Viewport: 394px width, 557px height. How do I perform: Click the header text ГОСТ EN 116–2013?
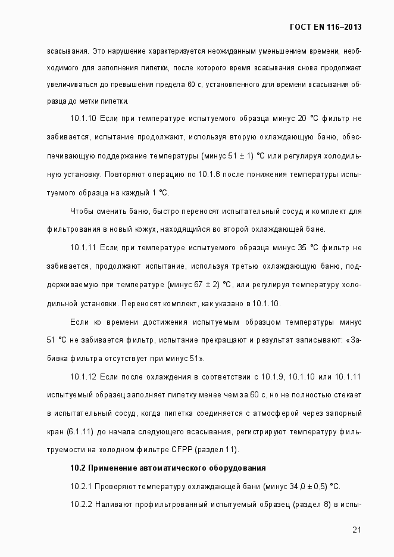[325, 27]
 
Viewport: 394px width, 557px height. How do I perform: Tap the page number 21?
[357, 529]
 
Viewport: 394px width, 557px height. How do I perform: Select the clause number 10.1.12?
[83, 376]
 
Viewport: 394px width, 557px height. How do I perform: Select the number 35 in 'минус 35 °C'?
[304, 247]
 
